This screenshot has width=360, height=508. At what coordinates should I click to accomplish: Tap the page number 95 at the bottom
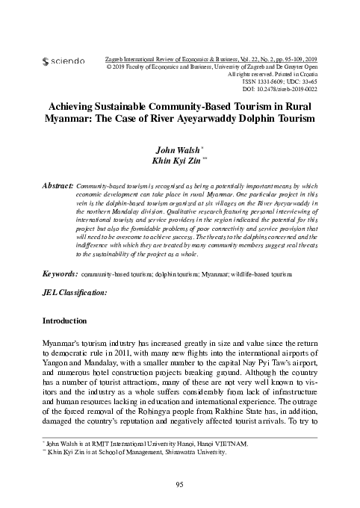[x=179, y=485]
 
